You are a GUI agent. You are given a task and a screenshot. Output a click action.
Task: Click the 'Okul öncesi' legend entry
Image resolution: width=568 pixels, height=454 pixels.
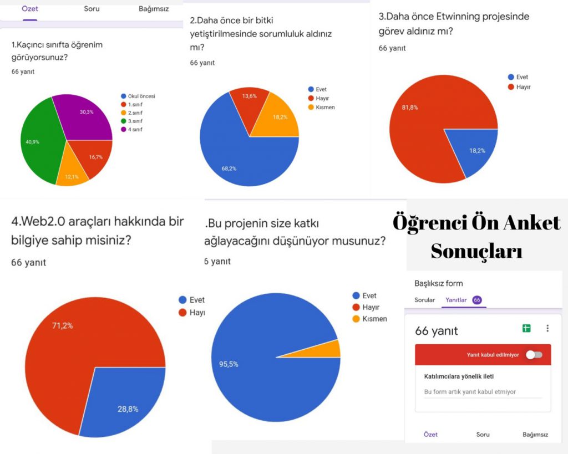click(x=141, y=96)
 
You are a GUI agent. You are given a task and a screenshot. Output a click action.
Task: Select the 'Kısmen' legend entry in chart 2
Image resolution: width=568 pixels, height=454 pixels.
click(x=324, y=107)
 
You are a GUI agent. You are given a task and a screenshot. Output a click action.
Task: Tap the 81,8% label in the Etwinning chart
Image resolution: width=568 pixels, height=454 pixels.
click(x=410, y=108)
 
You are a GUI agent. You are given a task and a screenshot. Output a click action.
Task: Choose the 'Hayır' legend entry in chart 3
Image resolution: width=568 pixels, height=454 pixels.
click(x=523, y=87)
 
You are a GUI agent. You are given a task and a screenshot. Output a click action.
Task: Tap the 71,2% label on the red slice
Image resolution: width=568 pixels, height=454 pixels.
click(x=62, y=325)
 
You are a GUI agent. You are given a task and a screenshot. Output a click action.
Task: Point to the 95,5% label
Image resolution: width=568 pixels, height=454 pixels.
click(x=229, y=364)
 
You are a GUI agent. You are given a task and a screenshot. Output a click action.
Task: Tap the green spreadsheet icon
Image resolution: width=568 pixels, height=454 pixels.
click(x=526, y=328)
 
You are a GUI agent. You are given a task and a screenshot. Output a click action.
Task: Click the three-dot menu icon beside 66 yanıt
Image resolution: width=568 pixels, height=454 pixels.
click(x=547, y=328)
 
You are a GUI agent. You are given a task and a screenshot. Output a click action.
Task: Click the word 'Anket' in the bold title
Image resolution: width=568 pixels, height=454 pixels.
click(x=526, y=223)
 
